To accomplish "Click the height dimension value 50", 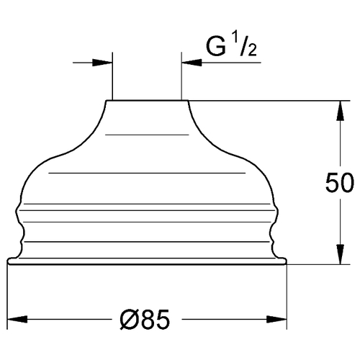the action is click(x=340, y=182).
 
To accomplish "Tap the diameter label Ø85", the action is click(x=145, y=320).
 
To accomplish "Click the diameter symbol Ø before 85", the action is click(x=130, y=320).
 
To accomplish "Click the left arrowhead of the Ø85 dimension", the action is click(x=17, y=320).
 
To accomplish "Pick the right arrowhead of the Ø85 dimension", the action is click(x=277, y=320).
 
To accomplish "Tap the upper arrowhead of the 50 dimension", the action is click(x=340, y=111).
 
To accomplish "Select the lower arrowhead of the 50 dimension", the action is click(x=340, y=254).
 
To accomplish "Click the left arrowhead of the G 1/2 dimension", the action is click(x=102, y=63).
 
